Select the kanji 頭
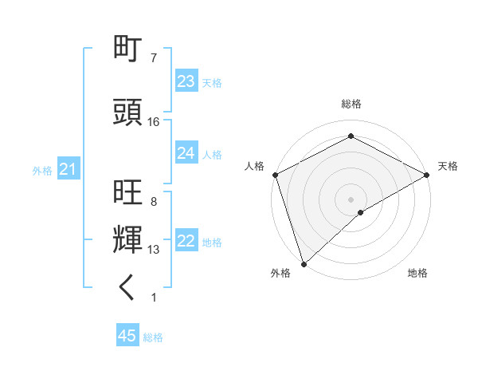point(127,112)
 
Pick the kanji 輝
point(127,240)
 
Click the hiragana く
point(127,288)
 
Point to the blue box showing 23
point(186,81)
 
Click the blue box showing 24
point(186,153)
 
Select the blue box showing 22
point(186,242)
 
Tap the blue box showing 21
point(68,170)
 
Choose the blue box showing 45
point(127,336)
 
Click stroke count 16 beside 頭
point(154,122)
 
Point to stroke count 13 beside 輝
point(154,250)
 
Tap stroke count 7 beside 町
point(154,58)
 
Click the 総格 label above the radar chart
point(351,104)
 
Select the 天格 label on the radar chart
point(448,166)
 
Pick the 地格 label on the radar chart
point(417,273)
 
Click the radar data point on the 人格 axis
point(275,175)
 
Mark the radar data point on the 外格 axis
point(304,264)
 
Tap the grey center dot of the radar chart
point(351,199)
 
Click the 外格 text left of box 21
point(42,171)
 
